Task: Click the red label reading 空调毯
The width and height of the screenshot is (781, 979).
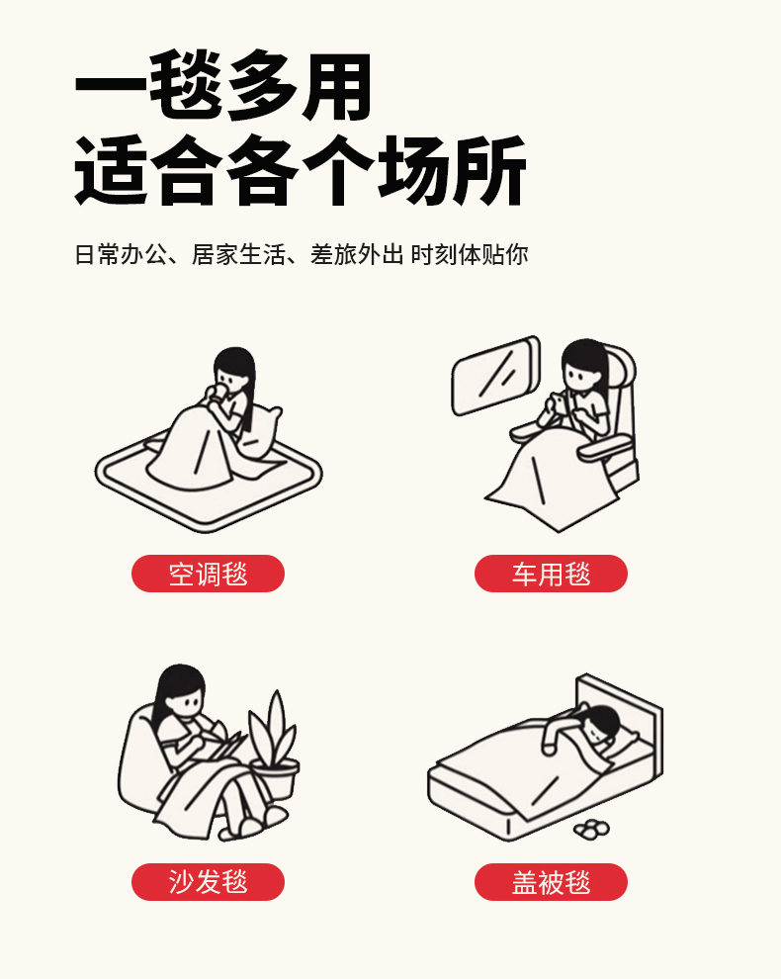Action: tap(208, 574)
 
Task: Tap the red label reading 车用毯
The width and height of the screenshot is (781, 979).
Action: tap(551, 574)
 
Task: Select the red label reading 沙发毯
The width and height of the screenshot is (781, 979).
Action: tap(208, 882)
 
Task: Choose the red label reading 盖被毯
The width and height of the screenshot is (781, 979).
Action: tap(551, 882)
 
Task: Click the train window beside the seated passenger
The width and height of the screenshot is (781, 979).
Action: tap(496, 376)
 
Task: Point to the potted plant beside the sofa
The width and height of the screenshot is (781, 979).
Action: tap(275, 746)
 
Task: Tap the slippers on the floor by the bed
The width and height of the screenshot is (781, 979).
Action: tap(591, 829)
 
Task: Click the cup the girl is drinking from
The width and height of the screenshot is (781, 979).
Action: tap(216, 393)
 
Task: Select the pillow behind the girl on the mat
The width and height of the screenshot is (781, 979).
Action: tap(262, 431)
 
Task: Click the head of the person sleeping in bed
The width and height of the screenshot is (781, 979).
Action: tap(602, 724)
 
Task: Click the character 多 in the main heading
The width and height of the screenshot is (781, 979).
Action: tap(261, 86)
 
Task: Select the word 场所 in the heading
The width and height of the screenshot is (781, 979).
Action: tap(452, 170)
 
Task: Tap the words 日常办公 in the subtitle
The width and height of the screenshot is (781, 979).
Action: tap(122, 254)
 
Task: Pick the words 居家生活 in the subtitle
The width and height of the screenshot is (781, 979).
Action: tap(238, 254)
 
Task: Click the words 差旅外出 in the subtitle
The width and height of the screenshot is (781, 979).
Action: tap(357, 254)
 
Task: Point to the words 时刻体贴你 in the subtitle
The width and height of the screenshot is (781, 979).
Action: tap(470, 254)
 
